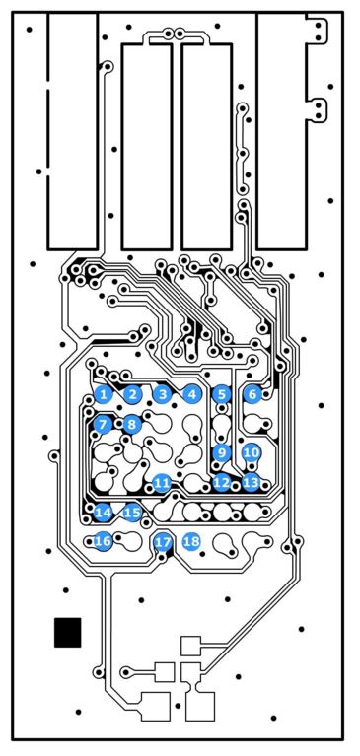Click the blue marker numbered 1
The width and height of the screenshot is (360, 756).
click(x=104, y=395)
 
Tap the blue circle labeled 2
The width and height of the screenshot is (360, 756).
click(x=132, y=395)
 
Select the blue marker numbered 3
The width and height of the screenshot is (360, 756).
click(x=163, y=395)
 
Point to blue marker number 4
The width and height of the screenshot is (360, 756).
click(x=192, y=395)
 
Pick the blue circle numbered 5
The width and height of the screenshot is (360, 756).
click(x=222, y=395)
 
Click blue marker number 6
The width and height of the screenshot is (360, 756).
click(x=252, y=395)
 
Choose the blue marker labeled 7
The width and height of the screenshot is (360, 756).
click(x=103, y=425)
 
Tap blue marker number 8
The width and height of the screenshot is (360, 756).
click(x=132, y=425)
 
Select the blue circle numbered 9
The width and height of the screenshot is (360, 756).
click(x=222, y=452)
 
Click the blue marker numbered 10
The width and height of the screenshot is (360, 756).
click(x=252, y=452)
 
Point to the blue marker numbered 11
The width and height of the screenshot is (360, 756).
click(x=162, y=482)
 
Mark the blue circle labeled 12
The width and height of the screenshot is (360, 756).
click(x=222, y=482)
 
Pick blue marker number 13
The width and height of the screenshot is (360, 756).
click(x=251, y=482)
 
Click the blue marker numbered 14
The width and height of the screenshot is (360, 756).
click(x=103, y=512)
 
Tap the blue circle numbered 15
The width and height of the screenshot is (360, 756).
click(x=132, y=512)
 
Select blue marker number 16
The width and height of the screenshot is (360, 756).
click(x=103, y=541)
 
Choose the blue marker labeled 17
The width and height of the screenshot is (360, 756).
click(x=163, y=542)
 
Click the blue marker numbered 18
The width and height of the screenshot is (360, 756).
click(x=191, y=541)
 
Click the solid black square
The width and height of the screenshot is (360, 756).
click(x=67, y=632)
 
